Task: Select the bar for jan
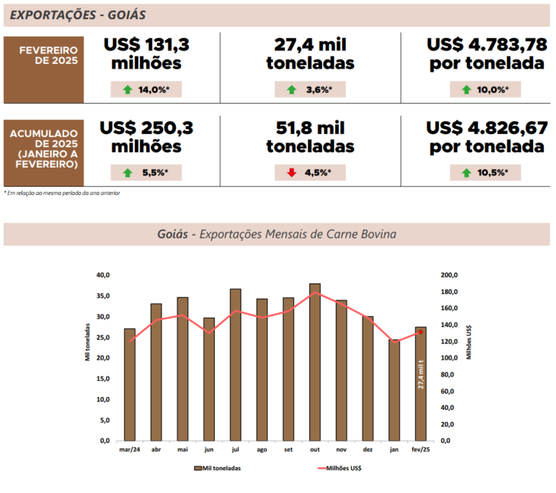[394, 390]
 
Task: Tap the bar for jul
[235, 365]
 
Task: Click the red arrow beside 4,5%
[292, 172]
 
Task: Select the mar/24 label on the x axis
[129, 450]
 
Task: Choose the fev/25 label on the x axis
[420, 450]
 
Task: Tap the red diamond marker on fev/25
[420, 332]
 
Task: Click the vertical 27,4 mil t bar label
[421, 374]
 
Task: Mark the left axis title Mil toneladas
[88, 357]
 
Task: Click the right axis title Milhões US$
[468, 343]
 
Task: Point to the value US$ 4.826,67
[487, 127]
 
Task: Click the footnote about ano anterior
[62, 193]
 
